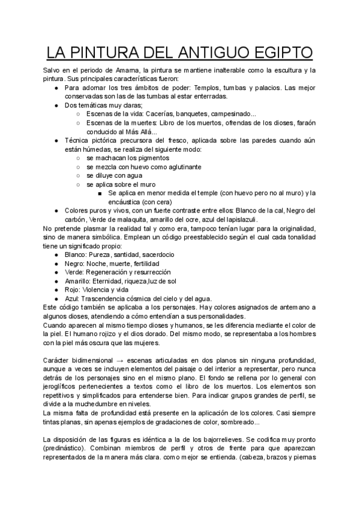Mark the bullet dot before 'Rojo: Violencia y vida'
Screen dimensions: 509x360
[x=56, y=290]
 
